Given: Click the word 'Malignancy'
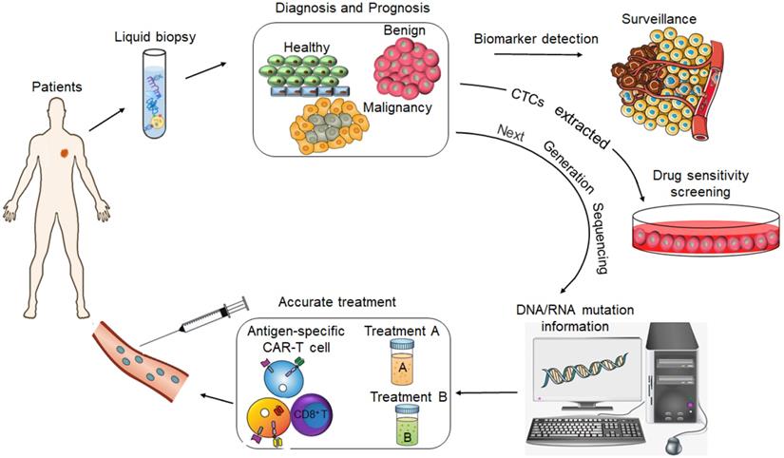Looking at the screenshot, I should tap(397, 107).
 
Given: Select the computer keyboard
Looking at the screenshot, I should tap(589, 429).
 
